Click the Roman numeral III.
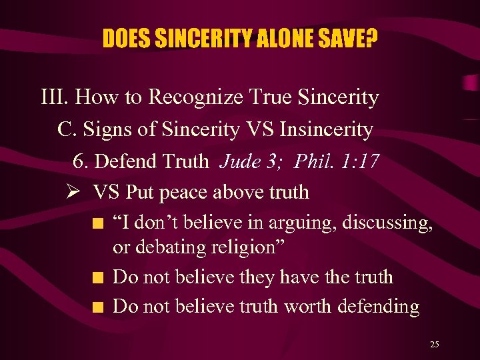(x=55, y=98)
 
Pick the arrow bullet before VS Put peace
(x=74, y=192)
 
